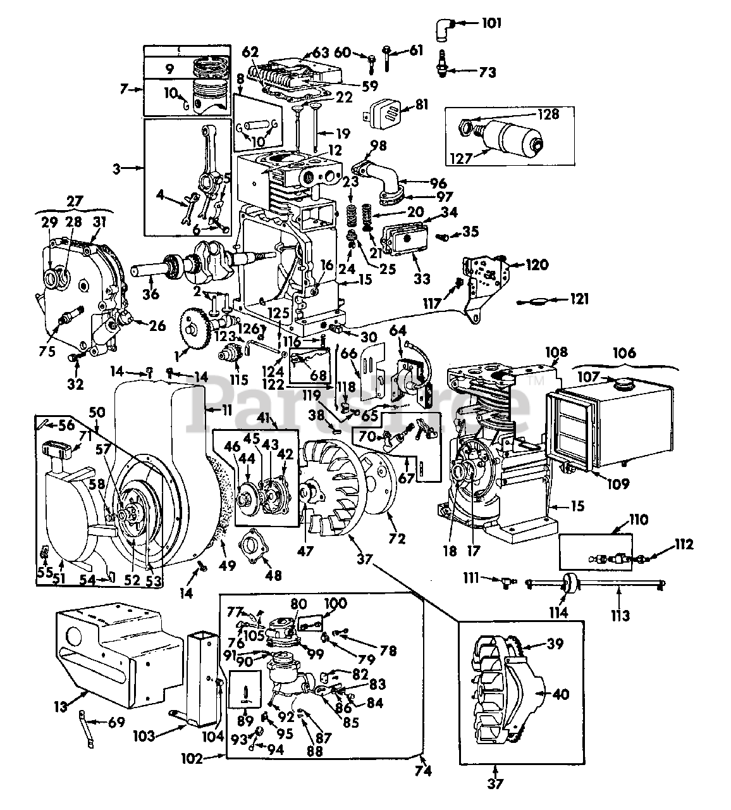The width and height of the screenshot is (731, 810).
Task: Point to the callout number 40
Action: pyautogui.click(x=560, y=694)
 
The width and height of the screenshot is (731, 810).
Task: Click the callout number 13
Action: pyautogui.click(x=60, y=707)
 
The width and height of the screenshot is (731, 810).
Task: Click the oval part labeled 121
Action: pyautogui.click(x=536, y=301)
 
